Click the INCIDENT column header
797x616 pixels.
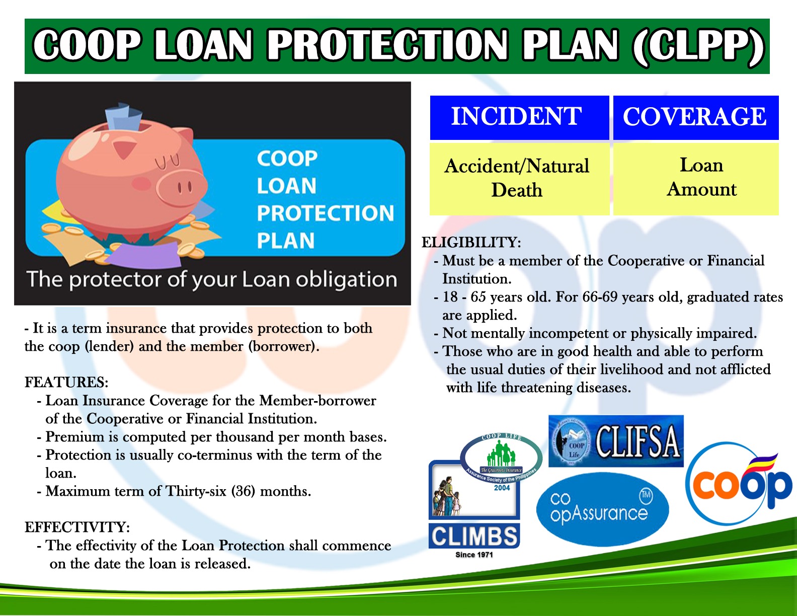coord(518,117)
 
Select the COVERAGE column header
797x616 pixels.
coord(695,117)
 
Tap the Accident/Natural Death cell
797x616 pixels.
coord(518,178)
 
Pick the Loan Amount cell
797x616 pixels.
coord(701,177)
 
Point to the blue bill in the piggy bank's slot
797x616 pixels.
coord(124,117)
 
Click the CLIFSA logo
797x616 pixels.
coord(616,441)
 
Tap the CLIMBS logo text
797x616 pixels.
coord(474,536)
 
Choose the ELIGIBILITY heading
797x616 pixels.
coord(471,243)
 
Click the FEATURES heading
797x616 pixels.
coord(66,382)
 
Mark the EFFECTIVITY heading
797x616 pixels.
coord(77,527)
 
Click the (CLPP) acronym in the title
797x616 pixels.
coord(698,46)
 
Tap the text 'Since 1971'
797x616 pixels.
coord(474,555)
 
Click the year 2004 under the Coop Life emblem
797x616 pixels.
coord(502,488)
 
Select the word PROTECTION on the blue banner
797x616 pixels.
coord(326,213)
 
